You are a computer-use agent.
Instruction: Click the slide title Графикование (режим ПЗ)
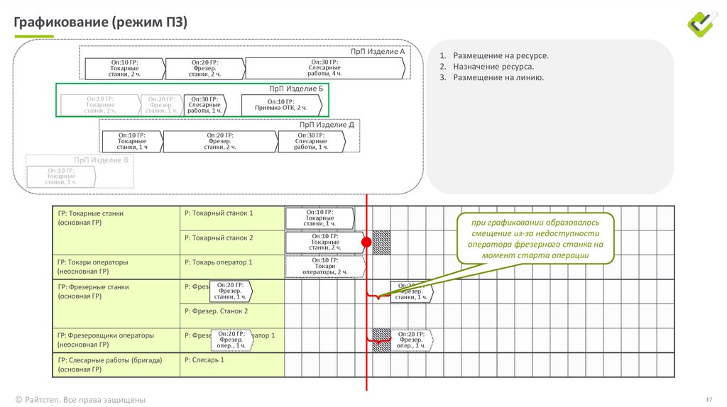(x=100, y=23)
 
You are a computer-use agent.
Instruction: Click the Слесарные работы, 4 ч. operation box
(x=325, y=68)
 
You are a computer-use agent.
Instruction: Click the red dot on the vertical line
(x=366, y=242)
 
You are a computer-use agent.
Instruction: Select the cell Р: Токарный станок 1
(x=219, y=213)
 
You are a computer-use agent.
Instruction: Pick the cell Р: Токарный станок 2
(x=219, y=238)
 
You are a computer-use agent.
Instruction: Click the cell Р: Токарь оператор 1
(x=219, y=262)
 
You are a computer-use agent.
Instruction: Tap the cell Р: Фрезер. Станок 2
(x=217, y=311)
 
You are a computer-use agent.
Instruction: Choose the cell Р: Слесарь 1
(x=204, y=360)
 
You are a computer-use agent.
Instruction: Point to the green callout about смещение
(x=535, y=239)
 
